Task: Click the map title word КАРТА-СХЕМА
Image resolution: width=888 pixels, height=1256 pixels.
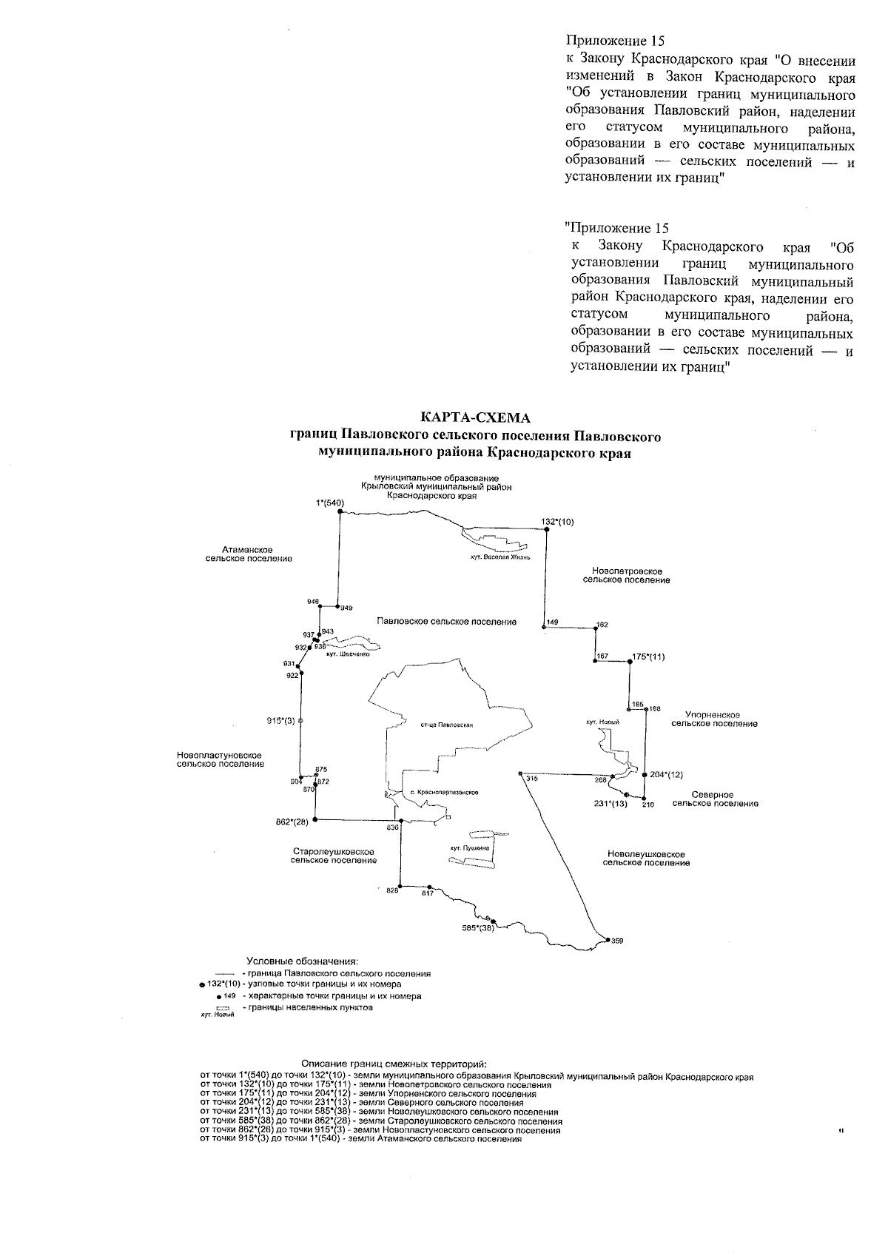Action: point(475,418)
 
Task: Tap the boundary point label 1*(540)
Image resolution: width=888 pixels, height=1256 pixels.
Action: point(330,503)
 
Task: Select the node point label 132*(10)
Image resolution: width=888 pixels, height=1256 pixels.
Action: point(557,522)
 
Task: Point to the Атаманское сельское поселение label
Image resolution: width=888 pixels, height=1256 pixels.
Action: point(248,554)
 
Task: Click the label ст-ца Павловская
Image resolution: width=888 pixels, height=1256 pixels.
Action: point(446,725)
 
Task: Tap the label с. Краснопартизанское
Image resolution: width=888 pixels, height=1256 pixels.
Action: point(444,793)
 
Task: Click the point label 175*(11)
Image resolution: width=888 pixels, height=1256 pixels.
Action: point(649,656)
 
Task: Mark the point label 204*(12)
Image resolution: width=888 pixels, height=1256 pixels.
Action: point(666,774)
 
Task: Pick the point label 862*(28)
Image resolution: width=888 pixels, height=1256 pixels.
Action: point(292,822)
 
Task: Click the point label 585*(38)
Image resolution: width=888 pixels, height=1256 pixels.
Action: point(474,928)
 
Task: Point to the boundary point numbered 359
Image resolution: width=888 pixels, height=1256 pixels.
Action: point(617,941)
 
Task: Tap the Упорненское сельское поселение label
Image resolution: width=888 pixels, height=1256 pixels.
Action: point(714,719)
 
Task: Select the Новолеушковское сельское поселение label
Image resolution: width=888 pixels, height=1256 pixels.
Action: point(646,859)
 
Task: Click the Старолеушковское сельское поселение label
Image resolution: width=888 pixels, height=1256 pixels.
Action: point(334,856)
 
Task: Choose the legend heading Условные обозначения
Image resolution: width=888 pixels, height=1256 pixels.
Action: point(302,961)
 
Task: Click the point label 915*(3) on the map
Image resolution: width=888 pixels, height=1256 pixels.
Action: point(281,720)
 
